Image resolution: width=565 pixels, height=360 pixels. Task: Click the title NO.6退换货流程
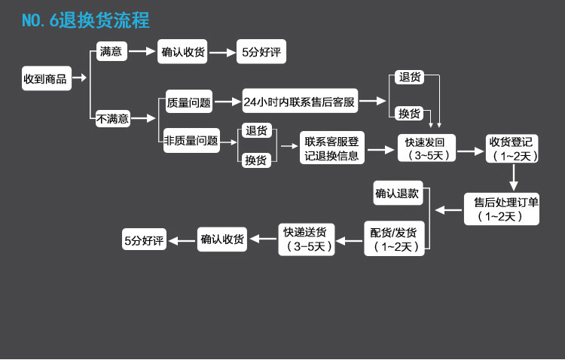[85, 20]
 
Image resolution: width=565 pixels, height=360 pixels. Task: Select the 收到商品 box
[45, 78]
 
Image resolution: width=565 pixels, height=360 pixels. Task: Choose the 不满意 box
[113, 118]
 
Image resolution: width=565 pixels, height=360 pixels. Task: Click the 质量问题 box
[189, 102]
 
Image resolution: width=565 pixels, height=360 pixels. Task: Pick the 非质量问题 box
[191, 140]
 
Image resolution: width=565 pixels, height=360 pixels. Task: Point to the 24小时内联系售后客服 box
[300, 102]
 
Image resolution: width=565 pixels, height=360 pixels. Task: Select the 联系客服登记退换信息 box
[333, 148]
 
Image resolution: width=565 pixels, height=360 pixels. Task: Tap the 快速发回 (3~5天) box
[426, 149]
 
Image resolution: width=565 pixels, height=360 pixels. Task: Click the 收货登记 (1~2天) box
[512, 149]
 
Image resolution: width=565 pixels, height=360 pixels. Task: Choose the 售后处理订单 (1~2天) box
[502, 209]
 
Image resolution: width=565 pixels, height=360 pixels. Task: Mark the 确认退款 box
[397, 193]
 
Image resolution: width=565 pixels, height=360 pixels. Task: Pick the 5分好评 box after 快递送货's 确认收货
[144, 240]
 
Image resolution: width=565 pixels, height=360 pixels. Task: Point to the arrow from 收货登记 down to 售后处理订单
[513, 177]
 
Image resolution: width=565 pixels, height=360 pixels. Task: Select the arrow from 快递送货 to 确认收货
[262, 239]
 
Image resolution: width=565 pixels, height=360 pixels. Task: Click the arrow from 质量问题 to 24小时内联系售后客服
[227, 102]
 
